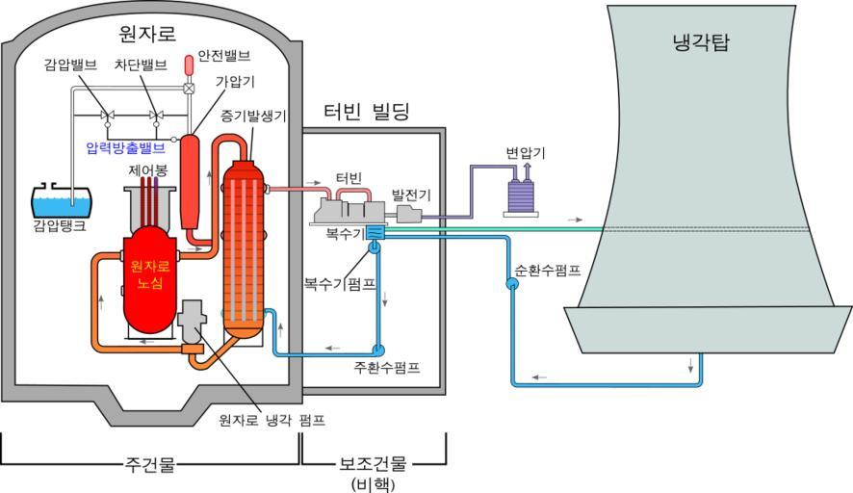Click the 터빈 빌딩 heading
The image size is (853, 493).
(x=366, y=111)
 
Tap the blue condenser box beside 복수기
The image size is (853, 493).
(x=376, y=233)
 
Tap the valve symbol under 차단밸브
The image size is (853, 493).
(x=155, y=117)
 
